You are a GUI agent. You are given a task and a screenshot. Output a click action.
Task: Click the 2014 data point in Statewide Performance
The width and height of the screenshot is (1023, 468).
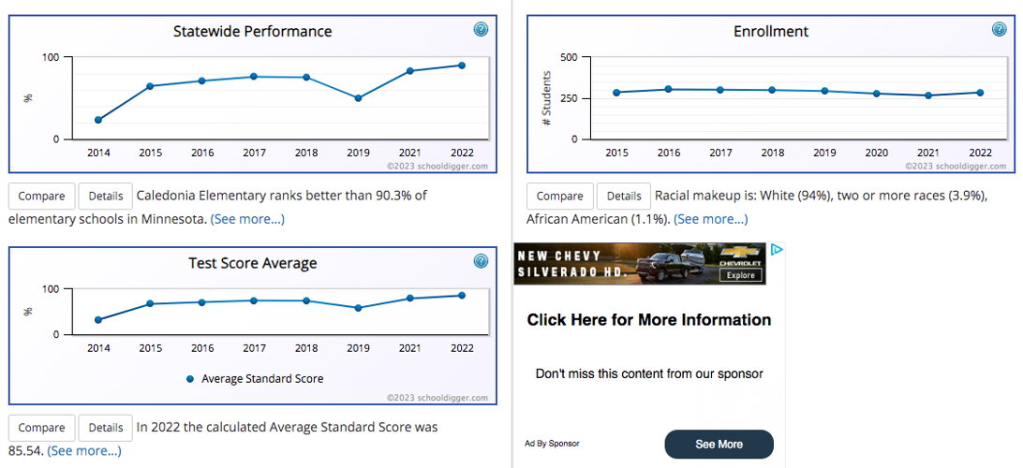[x=98, y=120]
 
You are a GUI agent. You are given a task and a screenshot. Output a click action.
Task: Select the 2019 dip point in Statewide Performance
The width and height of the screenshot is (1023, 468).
[x=358, y=98]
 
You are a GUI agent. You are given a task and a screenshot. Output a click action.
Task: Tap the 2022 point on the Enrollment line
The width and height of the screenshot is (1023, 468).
[x=980, y=93]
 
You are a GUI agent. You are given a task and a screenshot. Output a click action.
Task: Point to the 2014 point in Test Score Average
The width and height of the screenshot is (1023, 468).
[x=98, y=320]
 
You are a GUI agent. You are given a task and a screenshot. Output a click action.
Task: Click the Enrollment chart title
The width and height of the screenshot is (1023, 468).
[x=771, y=31]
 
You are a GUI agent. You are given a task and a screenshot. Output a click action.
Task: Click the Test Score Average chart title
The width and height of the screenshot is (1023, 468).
[x=253, y=263]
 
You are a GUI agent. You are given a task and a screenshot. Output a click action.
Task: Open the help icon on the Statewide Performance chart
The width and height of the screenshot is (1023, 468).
[x=481, y=30]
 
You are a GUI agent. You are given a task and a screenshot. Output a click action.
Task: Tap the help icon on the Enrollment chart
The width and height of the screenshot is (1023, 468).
[x=1000, y=30]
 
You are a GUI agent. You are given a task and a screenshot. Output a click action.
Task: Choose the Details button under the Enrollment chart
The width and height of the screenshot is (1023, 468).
[x=623, y=196]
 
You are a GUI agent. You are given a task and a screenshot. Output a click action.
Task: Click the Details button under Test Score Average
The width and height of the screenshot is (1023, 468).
[x=106, y=428]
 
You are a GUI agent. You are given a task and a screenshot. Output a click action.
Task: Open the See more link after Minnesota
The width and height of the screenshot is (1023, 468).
[x=247, y=219]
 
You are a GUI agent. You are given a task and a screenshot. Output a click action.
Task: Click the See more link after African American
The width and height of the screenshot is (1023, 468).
[x=710, y=219]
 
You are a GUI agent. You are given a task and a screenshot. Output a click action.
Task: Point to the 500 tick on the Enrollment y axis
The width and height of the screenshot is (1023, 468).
[x=568, y=57]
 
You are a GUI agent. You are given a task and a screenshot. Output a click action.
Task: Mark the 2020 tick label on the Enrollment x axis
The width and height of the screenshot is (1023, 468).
[x=876, y=153]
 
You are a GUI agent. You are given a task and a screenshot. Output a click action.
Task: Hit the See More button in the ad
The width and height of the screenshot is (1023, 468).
[x=719, y=445]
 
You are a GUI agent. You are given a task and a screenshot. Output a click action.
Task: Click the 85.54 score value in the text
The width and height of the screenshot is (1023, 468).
[x=26, y=450]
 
